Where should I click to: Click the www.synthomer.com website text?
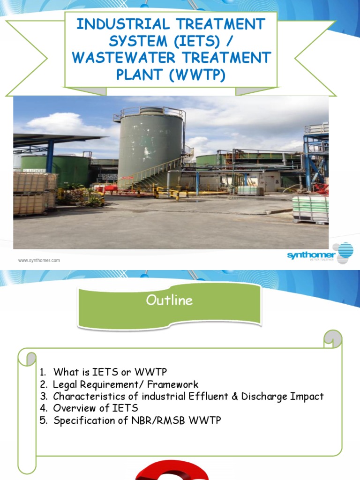pyautogui.click(x=39, y=260)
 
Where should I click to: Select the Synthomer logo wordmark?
pyautogui.click(x=311, y=255)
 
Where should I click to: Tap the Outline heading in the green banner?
pyautogui.click(x=169, y=300)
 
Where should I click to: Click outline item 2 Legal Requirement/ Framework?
pyautogui.click(x=119, y=384)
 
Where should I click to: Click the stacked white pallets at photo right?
pyautogui.click(x=310, y=208)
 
